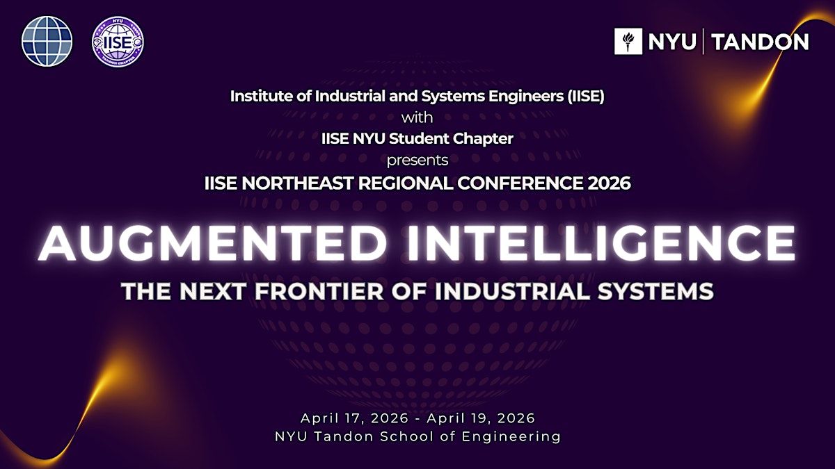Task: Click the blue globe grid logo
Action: coord(47,41)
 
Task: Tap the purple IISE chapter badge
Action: coord(118,41)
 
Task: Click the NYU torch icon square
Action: coord(628,41)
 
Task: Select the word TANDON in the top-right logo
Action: coord(761,42)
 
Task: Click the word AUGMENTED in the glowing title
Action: coord(212,243)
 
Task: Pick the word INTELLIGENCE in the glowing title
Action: coord(601,243)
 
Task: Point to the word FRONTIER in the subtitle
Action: coord(319,291)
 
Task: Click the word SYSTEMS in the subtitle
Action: coord(655,291)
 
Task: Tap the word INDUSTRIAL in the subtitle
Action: coord(513,291)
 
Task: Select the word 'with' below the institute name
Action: coord(417,117)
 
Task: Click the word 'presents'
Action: coord(417,161)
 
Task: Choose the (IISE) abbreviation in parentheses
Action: coord(586,97)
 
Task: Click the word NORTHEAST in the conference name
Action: coord(298,183)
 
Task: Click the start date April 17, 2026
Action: coord(354,418)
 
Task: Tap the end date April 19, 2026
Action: coord(481,418)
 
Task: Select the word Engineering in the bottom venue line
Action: coord(511,436)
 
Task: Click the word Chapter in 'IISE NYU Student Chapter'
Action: coord(483,139)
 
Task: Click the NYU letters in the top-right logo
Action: coord(672,42)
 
